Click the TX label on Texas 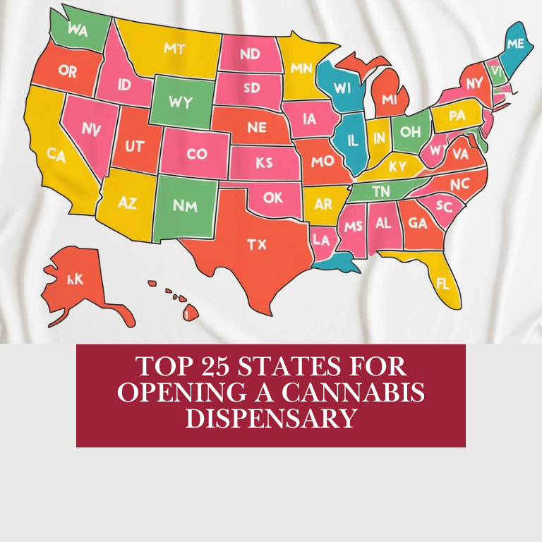(x=256, y=244)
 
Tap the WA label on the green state (x=78, y=30)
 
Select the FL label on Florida (x=443, y=285)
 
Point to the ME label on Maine (x=515, y=44)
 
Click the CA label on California (x=56, y=155)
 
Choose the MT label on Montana (x=174, y=49)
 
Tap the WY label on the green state (x=181, y=102)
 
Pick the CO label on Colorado (x=197, y=154)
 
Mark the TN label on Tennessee (x=380, y=191)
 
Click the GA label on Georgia (x=418, y=223)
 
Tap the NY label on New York (x=474, y=83)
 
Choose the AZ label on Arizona (x=127, y=203)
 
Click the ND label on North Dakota (x=250, y=54)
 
